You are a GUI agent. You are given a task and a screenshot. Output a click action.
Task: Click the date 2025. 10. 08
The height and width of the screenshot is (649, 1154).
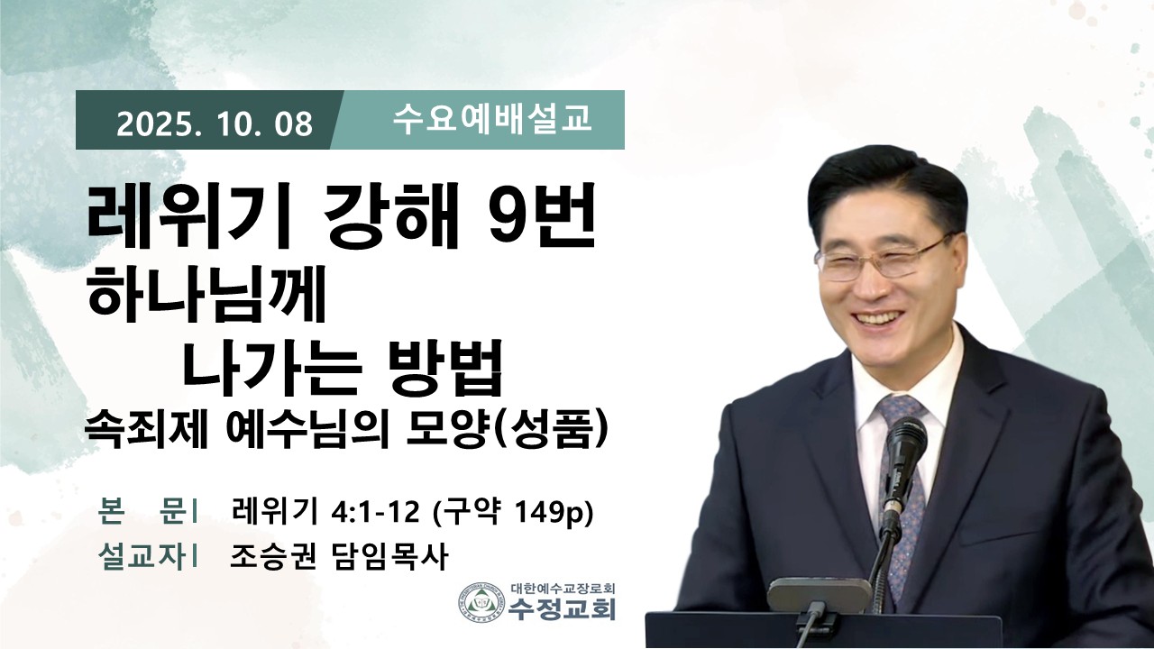coord(215,124)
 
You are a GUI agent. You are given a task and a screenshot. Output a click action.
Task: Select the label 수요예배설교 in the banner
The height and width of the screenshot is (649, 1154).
coord(492,120)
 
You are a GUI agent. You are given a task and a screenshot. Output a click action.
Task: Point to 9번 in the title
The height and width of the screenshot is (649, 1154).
coord(541,216)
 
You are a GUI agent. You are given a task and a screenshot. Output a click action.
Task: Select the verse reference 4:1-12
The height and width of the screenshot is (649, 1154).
coord(375,513)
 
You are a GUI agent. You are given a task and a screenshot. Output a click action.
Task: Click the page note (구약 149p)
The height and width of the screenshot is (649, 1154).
coord(514,513)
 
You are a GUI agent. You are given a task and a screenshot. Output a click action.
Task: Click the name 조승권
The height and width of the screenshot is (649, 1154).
coord(273,557)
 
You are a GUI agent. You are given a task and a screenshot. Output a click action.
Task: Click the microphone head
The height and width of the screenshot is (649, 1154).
coord(906,442)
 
